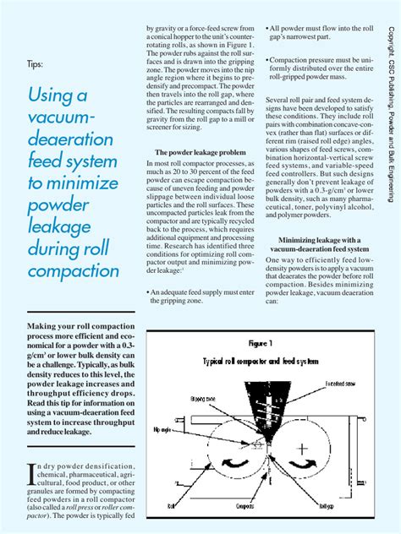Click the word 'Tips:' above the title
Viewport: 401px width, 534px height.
pos(36,63)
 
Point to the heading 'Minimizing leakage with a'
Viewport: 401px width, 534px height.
pos(318,241)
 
